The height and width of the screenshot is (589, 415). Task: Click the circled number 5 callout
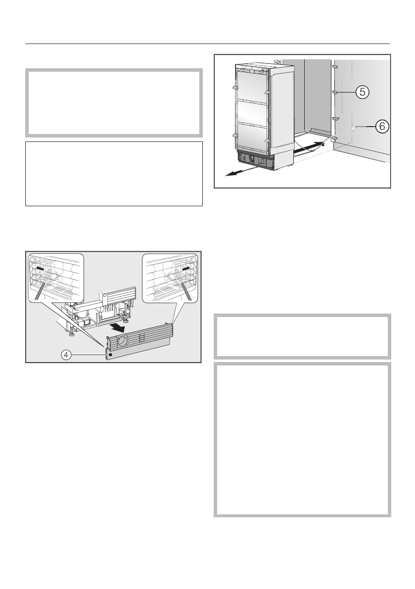tap(363, 91)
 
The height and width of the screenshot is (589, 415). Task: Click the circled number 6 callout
tap(381, 127)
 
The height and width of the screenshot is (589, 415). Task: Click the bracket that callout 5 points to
tap(335, 92)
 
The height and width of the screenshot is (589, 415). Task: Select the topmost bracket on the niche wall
tap(335, 65)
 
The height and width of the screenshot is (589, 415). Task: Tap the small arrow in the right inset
tap(185, 268)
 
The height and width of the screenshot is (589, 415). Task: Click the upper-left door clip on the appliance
tap(235, 88)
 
